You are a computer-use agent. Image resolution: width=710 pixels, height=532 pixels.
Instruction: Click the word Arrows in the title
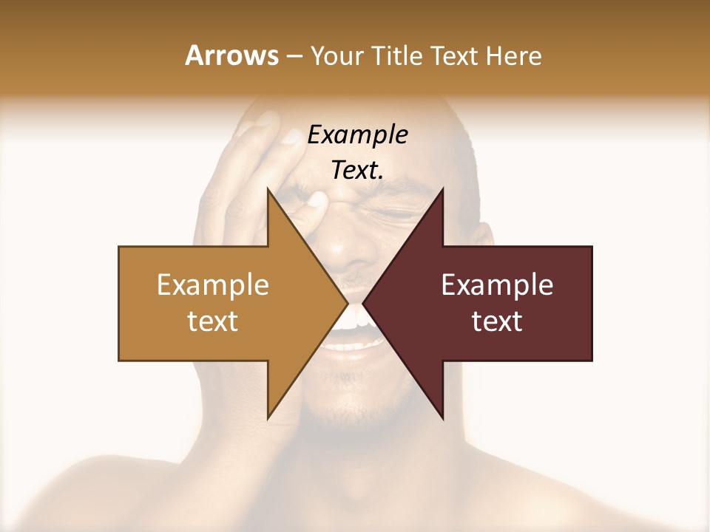tap(231, 55)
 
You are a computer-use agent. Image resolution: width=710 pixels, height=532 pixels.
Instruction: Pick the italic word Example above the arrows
tap(357, 135)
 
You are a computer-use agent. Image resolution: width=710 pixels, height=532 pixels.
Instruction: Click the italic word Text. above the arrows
tap(357, 171)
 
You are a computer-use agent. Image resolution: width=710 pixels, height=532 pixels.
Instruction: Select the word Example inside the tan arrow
tap(213, 285)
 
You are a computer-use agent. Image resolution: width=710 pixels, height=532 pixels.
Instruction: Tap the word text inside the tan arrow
tap(213, 321)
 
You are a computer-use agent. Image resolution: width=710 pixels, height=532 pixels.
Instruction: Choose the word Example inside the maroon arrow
tap(497, 285)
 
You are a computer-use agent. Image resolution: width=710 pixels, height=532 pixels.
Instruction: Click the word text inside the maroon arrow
tap(497, 321)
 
